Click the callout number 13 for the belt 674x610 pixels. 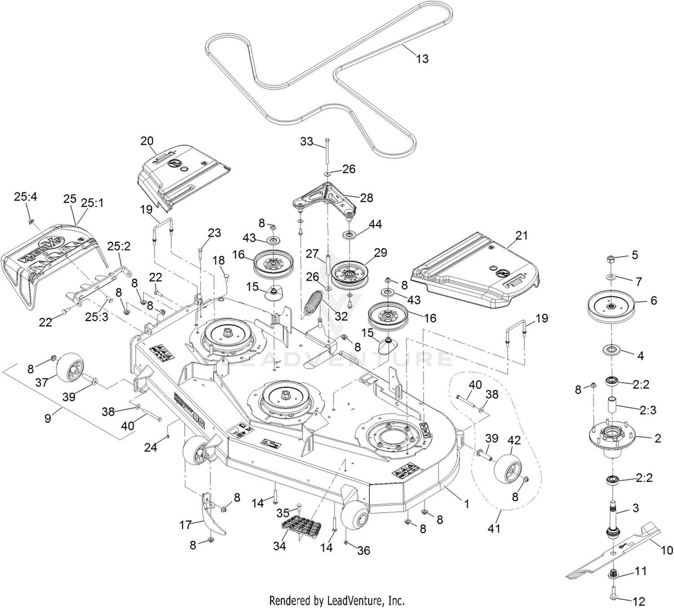pyautogui.click(x=422, y=58)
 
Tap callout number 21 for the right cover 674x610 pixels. pyautogui.click(x=521, y=236)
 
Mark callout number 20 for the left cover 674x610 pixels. pyautogui.click(x=147, y=141)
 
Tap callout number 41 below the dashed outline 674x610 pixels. pyautogui.click(x=494, y=529)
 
